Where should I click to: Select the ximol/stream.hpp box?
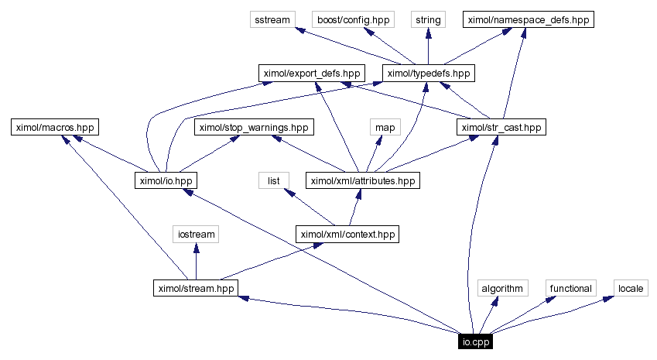point(196,289)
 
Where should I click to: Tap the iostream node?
point(196,233)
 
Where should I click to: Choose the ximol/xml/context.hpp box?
point(348,233)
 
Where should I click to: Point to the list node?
point(273,180)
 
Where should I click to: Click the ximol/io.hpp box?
point(166,180)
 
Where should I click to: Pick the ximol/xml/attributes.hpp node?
point(362,180)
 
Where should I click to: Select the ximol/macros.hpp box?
point(56,127)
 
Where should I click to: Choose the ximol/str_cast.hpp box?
point(501,127)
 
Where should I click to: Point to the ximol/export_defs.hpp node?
point(311,74)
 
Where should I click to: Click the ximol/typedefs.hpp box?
point(428,74)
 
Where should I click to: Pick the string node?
point(428,20)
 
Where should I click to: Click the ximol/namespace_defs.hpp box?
point(528,20)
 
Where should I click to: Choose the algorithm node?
point(501,289)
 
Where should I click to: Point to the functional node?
point(571,289)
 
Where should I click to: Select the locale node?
point(631,289)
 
